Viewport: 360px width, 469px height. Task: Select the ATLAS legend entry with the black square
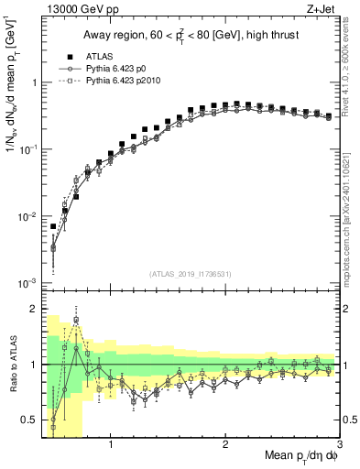click(x=93, y=56)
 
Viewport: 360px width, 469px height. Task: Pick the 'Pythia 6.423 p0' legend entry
click(x=115, y=69)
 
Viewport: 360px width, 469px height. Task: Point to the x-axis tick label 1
click(x=111, y=445)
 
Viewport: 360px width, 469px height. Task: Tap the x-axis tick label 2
click(x=225, y=445)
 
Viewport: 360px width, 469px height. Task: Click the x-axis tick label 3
click(x=339, y=445)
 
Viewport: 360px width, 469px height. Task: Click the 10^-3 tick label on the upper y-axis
click(x=27, y=283)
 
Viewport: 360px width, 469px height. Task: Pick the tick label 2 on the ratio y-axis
click(x=33, y=309)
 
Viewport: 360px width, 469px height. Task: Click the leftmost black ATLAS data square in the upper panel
click(x=53, y=226)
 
